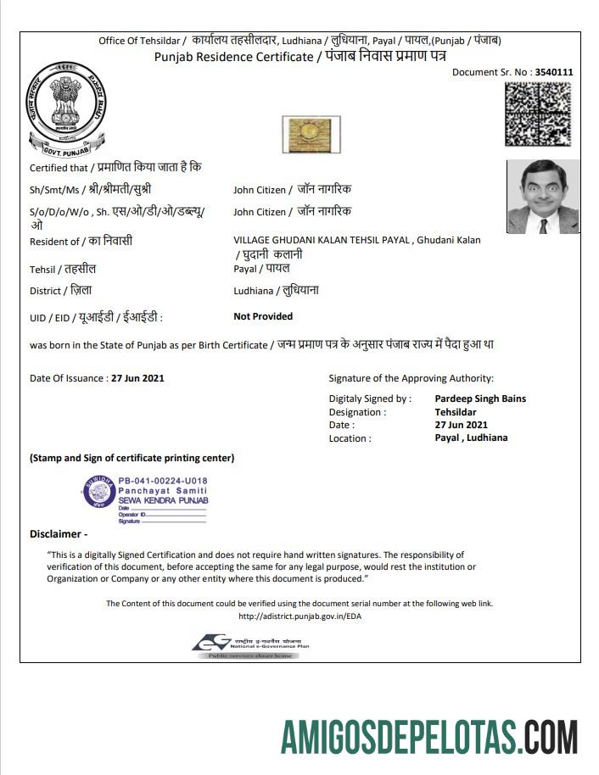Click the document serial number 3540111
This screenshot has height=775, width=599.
(x=554, y=72)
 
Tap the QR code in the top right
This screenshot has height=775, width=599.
(x=538, y=114)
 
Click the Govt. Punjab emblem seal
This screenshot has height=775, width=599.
(x=66, y=109)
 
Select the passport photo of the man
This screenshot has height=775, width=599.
(x=543, y=197)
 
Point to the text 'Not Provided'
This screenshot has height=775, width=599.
(x=263, y=316)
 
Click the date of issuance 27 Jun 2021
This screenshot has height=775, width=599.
(x=137, y=378)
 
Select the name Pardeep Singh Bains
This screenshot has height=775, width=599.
(x=480, y=399)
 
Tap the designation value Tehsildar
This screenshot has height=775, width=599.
(x=456, y=412)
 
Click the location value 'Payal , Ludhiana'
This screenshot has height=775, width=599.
(x=471, y=438)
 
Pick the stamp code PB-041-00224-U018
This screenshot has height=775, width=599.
(x=162, y=481)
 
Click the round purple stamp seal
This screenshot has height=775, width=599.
(x=98, y=492)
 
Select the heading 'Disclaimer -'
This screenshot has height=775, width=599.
(x=59, y=534)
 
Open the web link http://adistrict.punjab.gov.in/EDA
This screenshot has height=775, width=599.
(x=299, y=616)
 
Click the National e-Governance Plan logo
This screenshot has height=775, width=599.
(x=250, y=646)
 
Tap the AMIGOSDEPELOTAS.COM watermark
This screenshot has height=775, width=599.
(x=429, y=736)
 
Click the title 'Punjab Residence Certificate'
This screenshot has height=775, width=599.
(x=233, y=57)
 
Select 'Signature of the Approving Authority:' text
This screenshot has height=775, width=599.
(x=411, y=378)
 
